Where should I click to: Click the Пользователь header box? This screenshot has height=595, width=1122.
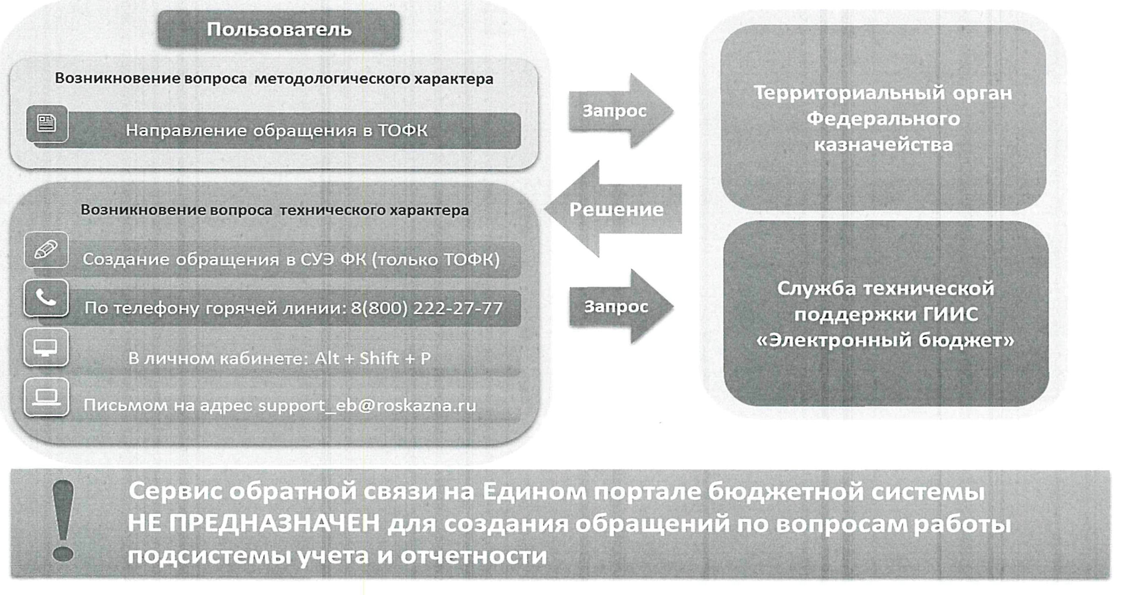tap(279, 29)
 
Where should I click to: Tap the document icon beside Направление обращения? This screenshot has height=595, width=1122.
tap(47, 123)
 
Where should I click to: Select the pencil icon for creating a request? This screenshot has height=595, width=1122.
tap(46, 250)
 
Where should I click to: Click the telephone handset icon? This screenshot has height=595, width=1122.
tap(46, 298)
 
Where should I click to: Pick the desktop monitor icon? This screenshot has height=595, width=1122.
tap(46, 348)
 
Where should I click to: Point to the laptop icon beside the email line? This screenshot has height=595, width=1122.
tap(46, 397)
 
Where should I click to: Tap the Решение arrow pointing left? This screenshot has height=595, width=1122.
tap(614, 210)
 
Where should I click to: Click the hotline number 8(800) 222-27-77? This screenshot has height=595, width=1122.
tap(427, 308)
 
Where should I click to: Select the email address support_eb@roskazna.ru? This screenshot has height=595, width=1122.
tap(367, 405)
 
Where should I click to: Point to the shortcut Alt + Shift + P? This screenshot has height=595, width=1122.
tap(372, 358)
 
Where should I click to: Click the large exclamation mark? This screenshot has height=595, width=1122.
tap(63, 521)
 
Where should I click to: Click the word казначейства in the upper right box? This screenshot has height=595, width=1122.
tap(883, 144)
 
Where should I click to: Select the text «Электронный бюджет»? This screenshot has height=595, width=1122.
tap(886, 341)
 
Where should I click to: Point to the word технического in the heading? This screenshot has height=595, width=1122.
tap(332, 210)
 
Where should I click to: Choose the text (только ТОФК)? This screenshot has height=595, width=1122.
tap(436, 260)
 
